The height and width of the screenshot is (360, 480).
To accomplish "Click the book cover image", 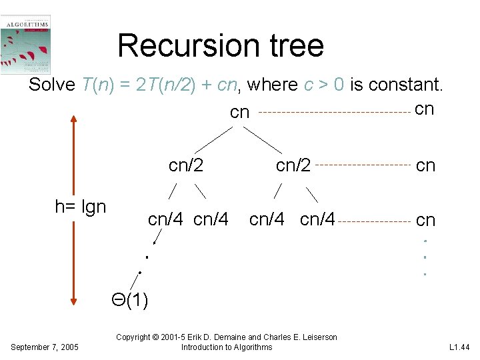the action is tap(26, 45).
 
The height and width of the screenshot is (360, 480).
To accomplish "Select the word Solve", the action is tap(52, 85).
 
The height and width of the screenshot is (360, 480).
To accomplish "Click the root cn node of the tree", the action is tap(239, 113).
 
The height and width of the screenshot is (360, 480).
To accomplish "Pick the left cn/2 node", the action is tap(186, 165).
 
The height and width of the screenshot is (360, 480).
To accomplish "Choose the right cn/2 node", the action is tap(293, 165).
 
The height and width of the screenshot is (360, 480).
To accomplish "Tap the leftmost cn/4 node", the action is tap(167, 219).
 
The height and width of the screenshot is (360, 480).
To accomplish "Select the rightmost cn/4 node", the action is tap(318, 219).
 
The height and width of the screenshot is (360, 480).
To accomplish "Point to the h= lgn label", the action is tap(80, 207).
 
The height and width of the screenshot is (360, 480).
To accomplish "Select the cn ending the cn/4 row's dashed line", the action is tap(425, 220).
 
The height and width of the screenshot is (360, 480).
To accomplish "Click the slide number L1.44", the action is tap(459, 347).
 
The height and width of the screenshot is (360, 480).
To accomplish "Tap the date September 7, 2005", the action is tap(45, 347).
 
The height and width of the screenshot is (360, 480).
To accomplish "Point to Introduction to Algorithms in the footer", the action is tap(227, 347).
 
